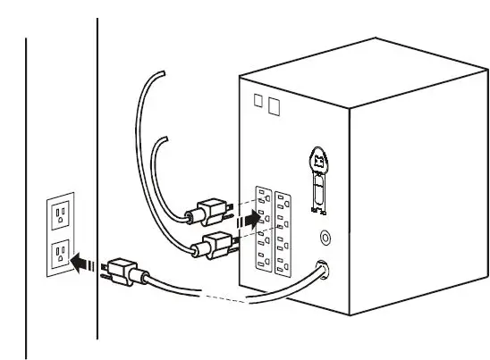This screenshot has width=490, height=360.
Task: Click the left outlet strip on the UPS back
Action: pyautogui.click(x=263, y=230)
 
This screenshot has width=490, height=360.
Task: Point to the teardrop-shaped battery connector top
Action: pyautogui.click(x=317, y=162)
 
